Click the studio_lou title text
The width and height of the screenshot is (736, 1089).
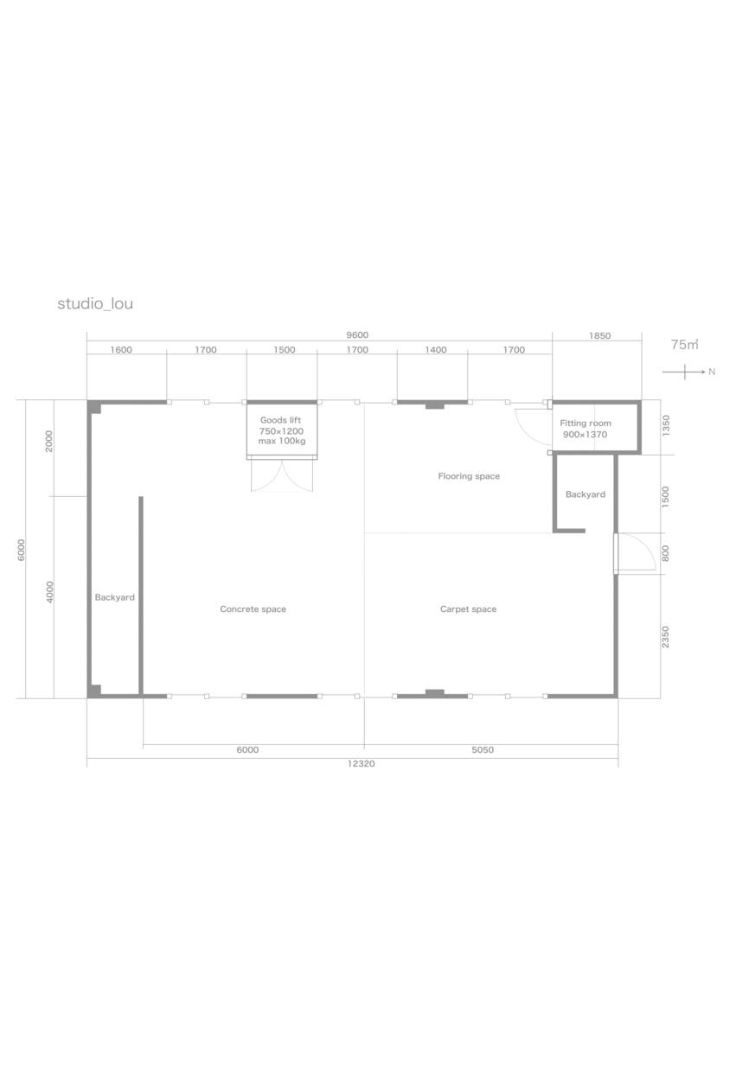coord(95,304)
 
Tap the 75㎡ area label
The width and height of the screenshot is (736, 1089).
coord(684,344)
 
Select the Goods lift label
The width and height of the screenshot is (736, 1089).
coord(281,420)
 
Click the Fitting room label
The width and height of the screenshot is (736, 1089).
coord(586,423)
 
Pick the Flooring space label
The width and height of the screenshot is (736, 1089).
coord(469,476)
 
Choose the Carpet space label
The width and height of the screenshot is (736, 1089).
coord(468,609)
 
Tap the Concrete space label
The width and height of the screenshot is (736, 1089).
coord(253,609)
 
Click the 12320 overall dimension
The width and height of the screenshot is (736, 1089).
coord(361,764)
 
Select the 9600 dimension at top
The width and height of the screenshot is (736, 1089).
coord(357,335)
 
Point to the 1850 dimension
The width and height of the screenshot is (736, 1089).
coord(599,336)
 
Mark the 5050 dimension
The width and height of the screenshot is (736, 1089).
coord(483,749)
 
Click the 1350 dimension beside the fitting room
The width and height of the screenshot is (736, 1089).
coord(666,425)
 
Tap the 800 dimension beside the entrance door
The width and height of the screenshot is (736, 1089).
coord(665,553)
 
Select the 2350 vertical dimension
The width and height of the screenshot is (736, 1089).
coord(665,637)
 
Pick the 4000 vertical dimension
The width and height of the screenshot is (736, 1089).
coord(49,592)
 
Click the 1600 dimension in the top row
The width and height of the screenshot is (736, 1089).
coord(121,350)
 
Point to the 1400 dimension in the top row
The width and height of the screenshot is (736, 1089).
coord(435,350)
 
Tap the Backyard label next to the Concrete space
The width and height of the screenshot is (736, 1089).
coord(115,597)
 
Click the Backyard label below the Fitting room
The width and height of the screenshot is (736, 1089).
coord(586,494)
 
